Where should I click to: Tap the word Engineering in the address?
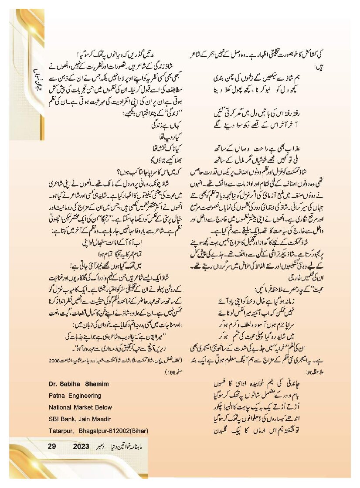click(x=85, y=396)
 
